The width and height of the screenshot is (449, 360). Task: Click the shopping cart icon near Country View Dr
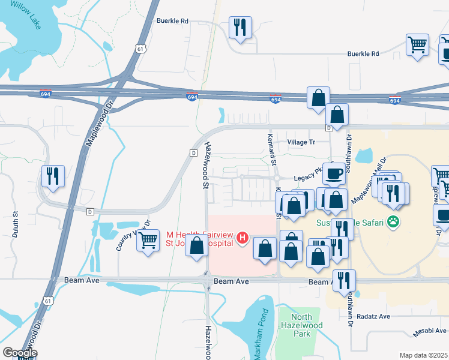(148, 241)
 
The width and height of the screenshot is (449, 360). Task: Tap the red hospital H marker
(243, 238)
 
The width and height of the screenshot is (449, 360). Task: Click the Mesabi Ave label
(430, 331)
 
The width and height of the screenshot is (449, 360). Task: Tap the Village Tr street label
(301, 142)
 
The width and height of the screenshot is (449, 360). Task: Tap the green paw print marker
(393, 221)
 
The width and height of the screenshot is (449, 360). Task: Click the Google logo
(20, 353)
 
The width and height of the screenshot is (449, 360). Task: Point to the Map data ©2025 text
(423, 355)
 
